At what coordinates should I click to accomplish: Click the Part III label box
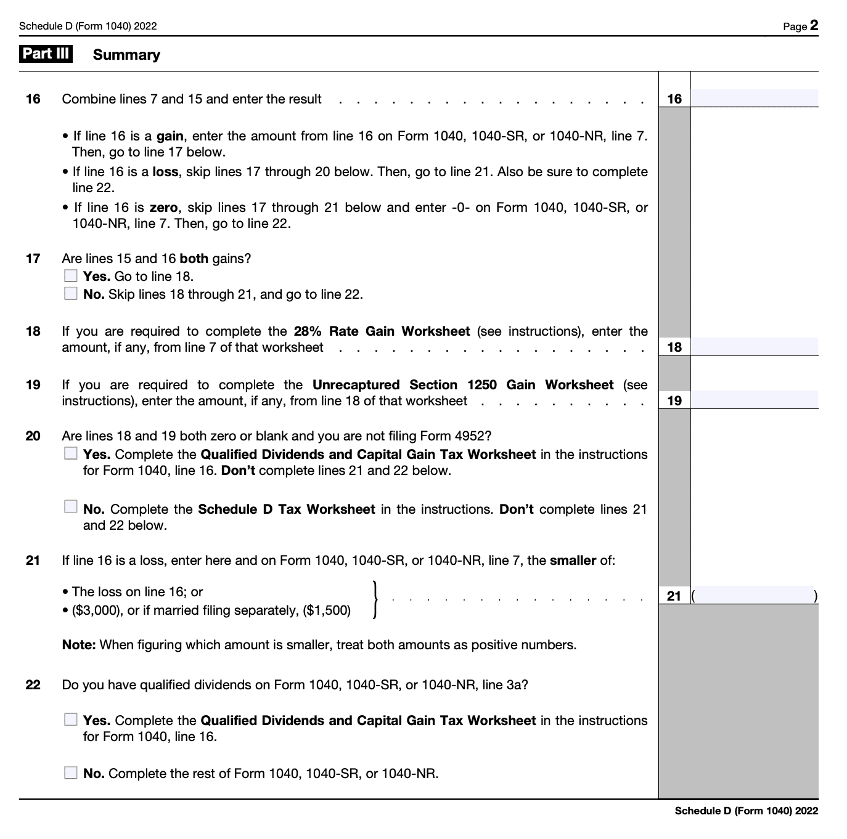point(46,54)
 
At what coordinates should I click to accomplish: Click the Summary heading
point(126,55)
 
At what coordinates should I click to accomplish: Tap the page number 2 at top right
point(814,25)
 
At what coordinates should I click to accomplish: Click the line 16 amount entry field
point(754,99)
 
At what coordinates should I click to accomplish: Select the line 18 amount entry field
point(754,347)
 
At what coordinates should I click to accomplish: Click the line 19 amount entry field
point(754,400)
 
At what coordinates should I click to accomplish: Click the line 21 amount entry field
point(754,596)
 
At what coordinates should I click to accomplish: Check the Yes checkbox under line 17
point(71,276)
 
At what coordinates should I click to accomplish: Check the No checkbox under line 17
point(71,294)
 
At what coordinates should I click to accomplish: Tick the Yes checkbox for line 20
point(71,454)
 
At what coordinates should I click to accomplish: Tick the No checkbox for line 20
point(71,507)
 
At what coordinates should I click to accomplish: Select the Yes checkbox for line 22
point(71,719)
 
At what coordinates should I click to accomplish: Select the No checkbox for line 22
point(71,773)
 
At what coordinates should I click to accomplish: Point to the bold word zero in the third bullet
point(163,208)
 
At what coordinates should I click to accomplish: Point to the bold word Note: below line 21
point(79,645)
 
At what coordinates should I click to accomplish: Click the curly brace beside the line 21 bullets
point(375,599)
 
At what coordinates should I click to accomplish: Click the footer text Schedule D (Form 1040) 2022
point(746,811)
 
